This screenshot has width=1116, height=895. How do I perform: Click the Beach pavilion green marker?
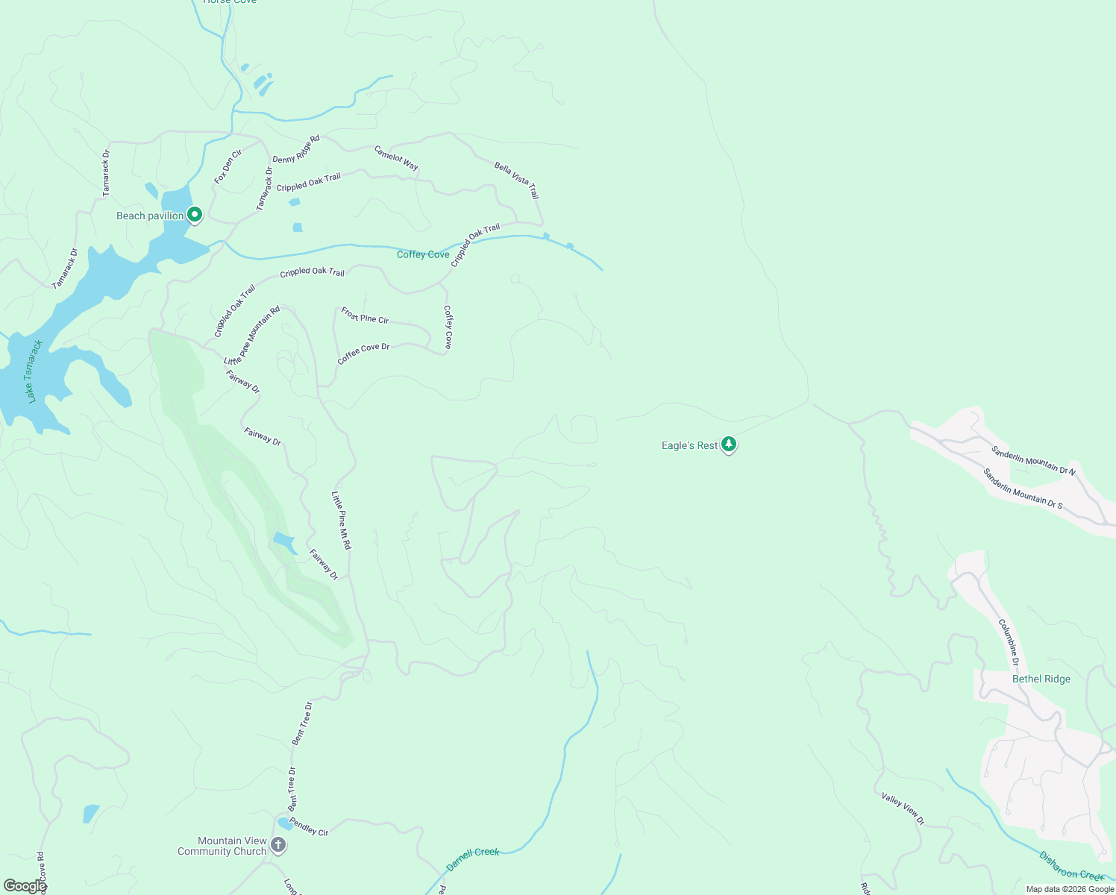coord(195,215)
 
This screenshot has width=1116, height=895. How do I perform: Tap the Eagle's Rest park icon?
coord(729,445)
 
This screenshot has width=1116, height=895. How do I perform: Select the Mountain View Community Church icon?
coord(278,845)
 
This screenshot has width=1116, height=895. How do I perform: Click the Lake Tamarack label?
coord(34,371)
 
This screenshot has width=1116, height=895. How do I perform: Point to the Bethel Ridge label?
coord(1041,679)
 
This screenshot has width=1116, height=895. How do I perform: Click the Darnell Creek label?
coord(472,858)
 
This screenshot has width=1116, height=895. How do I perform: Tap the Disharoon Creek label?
coord(1070,865)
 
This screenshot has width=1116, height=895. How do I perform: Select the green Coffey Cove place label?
coord(423,254)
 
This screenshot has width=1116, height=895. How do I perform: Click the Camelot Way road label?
coord(396,157)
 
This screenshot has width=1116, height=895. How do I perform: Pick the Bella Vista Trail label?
coord(516,180)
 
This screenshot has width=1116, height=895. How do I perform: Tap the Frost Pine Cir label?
coord(365,315)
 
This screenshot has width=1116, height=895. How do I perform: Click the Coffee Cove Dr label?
coord(363,353)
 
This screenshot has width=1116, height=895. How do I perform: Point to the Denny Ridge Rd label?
coord(296,148)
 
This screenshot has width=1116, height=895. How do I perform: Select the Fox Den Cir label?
coord(228,166)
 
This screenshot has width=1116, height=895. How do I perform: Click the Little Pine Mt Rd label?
coord(341,520)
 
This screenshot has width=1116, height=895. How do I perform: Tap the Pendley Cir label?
coord(308,826)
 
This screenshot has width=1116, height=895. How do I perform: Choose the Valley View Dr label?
coord(903,808)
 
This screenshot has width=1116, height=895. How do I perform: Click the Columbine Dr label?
coord(1008,637)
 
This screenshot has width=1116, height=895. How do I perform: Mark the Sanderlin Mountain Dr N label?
coord(1033,459)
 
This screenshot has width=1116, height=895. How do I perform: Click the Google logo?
coord(25,885)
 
